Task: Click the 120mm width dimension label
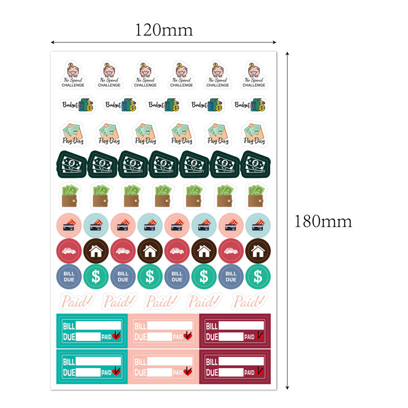click(x=163, y=30)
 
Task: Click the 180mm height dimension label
click(x=323, y=221)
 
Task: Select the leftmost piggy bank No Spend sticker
click(x=73, y=75)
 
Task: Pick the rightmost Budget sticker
click(x=249, y=105)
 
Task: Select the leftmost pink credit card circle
click(x=69, y=225)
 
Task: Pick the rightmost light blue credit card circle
click(x=258, y=225)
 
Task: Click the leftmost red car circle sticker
click(x=69, y=251)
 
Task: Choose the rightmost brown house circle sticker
click(x=258, y=251)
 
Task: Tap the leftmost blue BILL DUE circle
click(x=69, y=277)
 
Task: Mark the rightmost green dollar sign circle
click(x=258, y=277)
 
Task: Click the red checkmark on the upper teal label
click(x=117, y=336)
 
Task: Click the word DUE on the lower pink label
click(x=141, y=372)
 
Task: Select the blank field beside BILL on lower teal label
click(x=99, y=361)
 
